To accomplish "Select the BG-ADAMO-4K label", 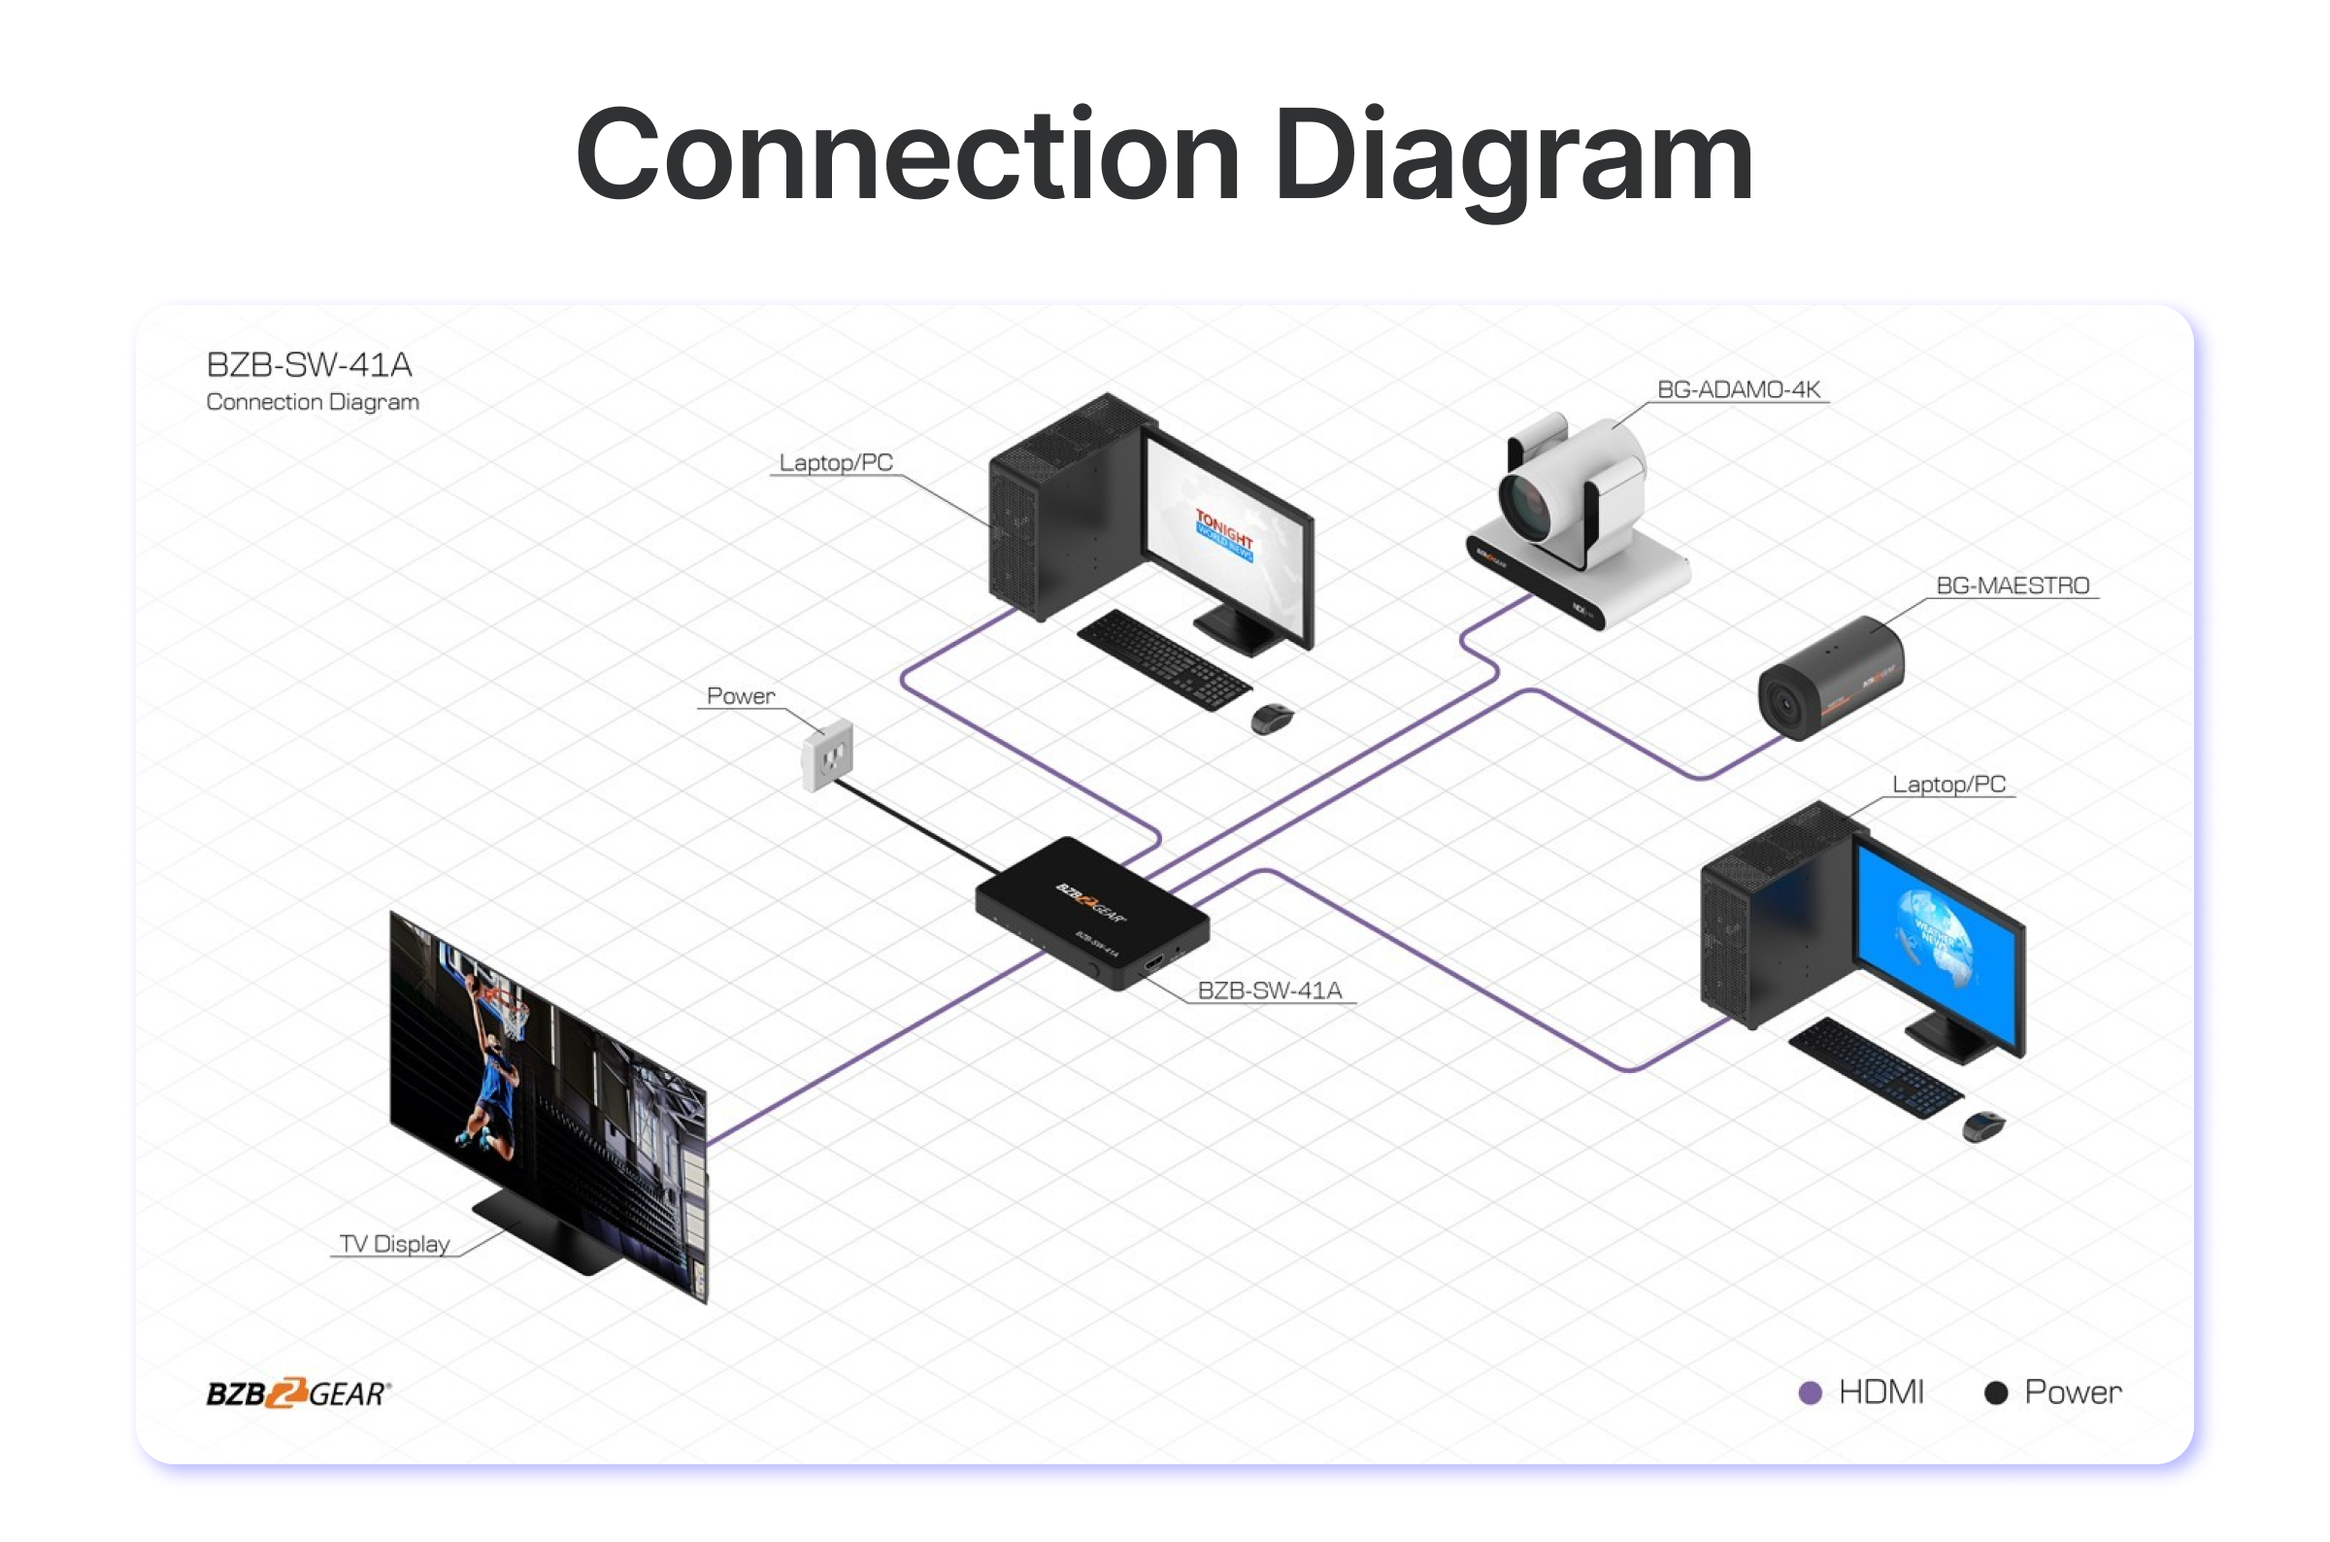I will point(1738,389).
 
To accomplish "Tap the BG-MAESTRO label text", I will point(2012,586).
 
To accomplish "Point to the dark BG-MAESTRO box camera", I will point(1831,679).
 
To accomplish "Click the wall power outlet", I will point(827,755).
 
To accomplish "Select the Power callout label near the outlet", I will point(741,696).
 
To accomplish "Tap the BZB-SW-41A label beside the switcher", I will point(1269,990).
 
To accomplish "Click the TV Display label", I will point(394,1244).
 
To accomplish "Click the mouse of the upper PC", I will point(1272,719).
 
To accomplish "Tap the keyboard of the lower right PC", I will point(1873,1067).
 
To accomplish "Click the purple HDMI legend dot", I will point(1810,1392).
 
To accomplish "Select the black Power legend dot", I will point(1996,1392).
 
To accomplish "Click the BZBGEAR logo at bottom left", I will point(298,1392).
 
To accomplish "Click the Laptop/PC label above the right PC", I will point(1947,785).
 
